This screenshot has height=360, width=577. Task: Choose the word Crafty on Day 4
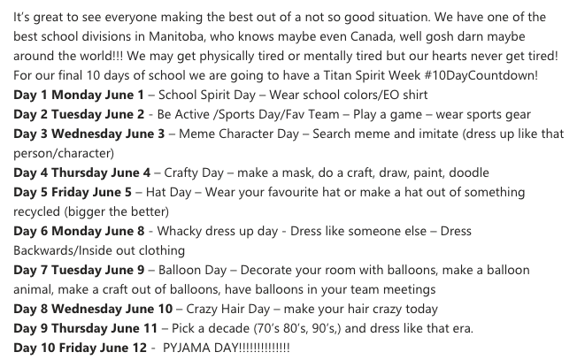click(x=187, y=172)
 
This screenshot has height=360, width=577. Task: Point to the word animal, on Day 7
click(x=38, y=289)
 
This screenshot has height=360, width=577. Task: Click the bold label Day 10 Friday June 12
click(x=72, y=349)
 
